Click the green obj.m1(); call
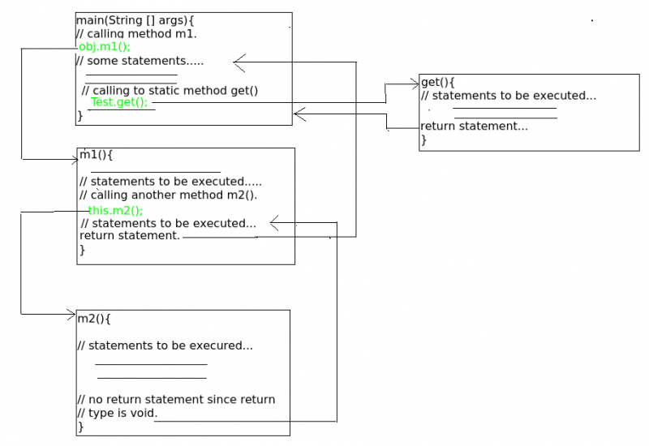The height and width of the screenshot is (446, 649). tap(104, 47)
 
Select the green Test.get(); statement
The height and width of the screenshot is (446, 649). tap(118, 102)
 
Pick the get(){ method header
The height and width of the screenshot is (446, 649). tap(438, 83)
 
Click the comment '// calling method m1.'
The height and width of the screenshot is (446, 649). tap(135, 33)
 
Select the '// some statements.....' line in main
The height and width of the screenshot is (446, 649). tap(140, 61)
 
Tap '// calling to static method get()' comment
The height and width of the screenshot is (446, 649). tap(170, 90)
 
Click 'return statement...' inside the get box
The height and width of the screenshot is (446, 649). tap(474, 127)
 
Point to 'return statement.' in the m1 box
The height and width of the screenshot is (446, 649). tap(130, 236)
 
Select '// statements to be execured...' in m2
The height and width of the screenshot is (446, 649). tap(165, 345)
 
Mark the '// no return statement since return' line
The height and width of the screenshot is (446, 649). tap(176, 399)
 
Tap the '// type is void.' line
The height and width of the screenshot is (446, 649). tap(118, 413)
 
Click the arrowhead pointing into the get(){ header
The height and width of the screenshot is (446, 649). tap(415, 82)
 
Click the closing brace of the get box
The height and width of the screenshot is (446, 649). tap(423, 140)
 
